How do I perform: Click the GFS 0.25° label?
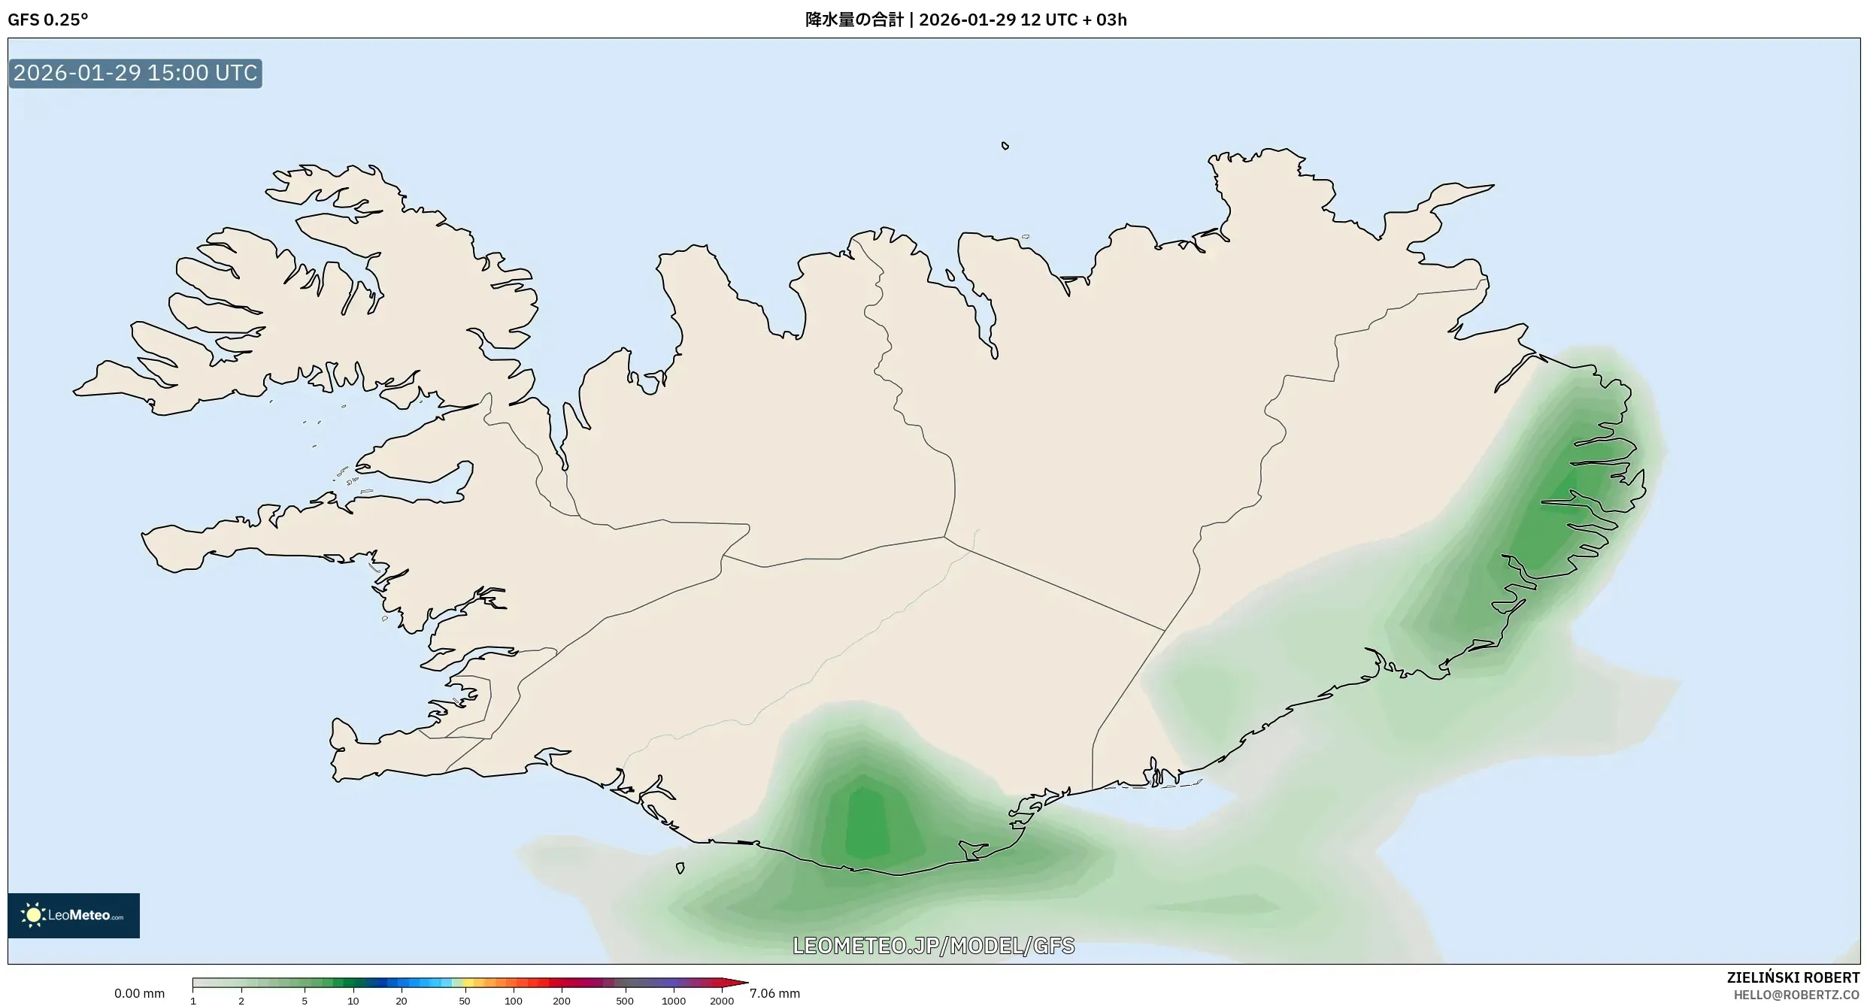(47, 20)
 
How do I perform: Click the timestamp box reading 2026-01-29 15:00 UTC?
(135, 73)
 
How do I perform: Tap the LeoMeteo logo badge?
(74, 915)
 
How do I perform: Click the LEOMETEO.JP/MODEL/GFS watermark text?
(933, 945)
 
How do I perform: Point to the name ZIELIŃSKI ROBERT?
(1793, 977)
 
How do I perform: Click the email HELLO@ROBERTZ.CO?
(1796, 995)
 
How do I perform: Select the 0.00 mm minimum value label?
(139, 993)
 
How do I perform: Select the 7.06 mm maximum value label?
(774, 993)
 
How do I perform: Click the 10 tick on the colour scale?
(353, 1001)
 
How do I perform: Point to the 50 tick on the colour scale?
(464, 1001)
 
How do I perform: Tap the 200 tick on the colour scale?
(561, 1001)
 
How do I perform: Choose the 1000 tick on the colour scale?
(673, 1001)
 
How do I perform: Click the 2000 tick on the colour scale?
(721, 1001)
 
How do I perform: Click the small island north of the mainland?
(1005, 146)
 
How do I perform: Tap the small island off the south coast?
(680, 868)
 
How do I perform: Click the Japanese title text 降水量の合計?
(853, 20)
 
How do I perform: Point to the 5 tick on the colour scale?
(305, 1001)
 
